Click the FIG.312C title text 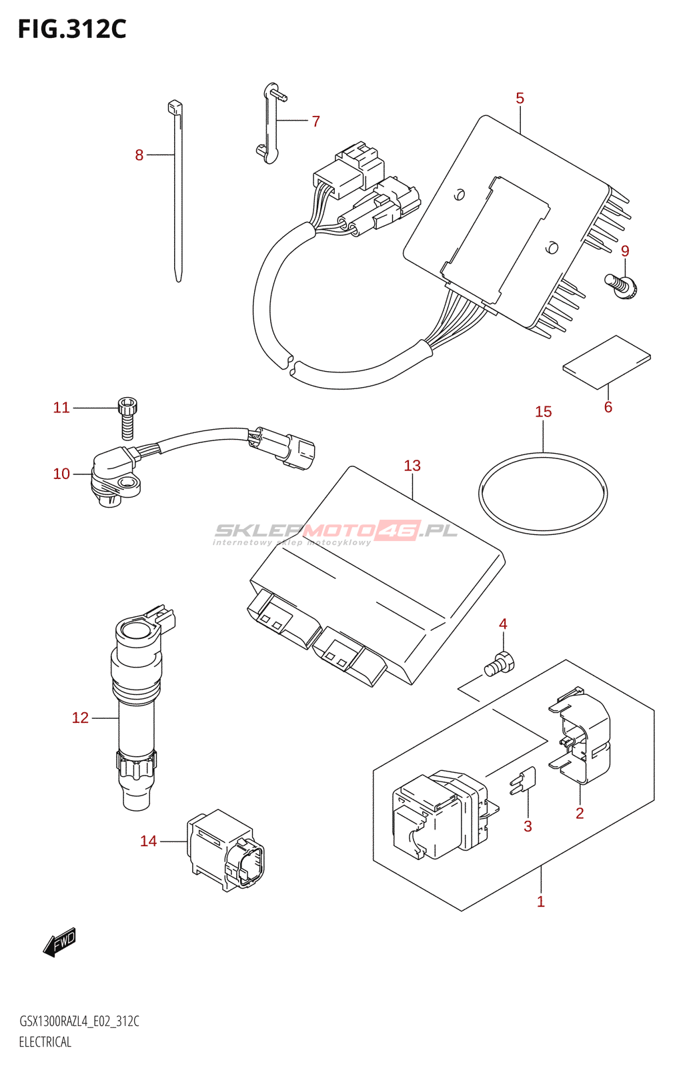72,29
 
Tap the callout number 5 520,99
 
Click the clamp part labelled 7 271,123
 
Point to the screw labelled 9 622,286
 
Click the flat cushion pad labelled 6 606,361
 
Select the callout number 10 61,474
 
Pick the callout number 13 412,466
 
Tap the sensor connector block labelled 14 223,850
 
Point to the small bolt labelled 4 500,664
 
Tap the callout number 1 541,902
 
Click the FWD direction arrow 60,942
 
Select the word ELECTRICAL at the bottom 45,1042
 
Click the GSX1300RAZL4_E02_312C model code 79,1021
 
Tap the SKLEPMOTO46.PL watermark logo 335,532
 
